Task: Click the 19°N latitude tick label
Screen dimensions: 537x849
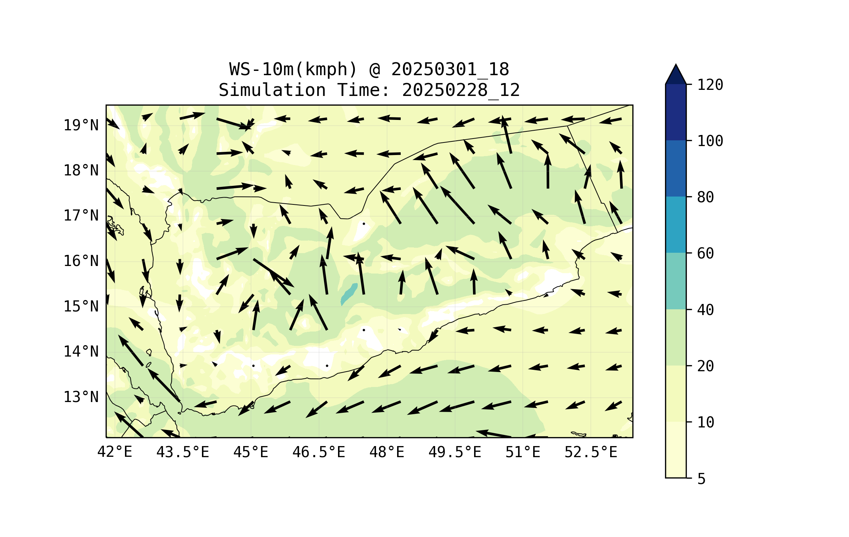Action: (81, 125)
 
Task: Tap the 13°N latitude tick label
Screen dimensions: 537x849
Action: (81, 397)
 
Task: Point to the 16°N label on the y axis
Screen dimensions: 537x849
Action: (81, 261)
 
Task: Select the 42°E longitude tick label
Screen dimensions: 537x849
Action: (115, 452)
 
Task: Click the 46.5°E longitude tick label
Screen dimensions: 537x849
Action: (319, 452)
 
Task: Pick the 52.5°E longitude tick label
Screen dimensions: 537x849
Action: (591, 452)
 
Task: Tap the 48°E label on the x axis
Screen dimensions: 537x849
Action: (387, 452)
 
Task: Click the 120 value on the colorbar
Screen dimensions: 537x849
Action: (710, 85)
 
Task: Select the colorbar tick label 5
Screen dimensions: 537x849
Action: (701, 479)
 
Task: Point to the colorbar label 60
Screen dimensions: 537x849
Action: (705, 253)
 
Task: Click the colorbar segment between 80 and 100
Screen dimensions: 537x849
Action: (676, 168)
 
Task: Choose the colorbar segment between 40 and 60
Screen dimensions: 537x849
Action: (676, 281)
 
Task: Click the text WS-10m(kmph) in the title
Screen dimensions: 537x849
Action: (293, 69)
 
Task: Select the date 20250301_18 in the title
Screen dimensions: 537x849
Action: (450, 69)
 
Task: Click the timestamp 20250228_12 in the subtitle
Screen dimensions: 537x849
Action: (461, 90)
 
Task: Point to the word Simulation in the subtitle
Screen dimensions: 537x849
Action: (272, 90)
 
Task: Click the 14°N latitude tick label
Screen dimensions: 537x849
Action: (81, 352)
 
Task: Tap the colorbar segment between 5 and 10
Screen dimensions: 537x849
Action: (676, 450)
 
